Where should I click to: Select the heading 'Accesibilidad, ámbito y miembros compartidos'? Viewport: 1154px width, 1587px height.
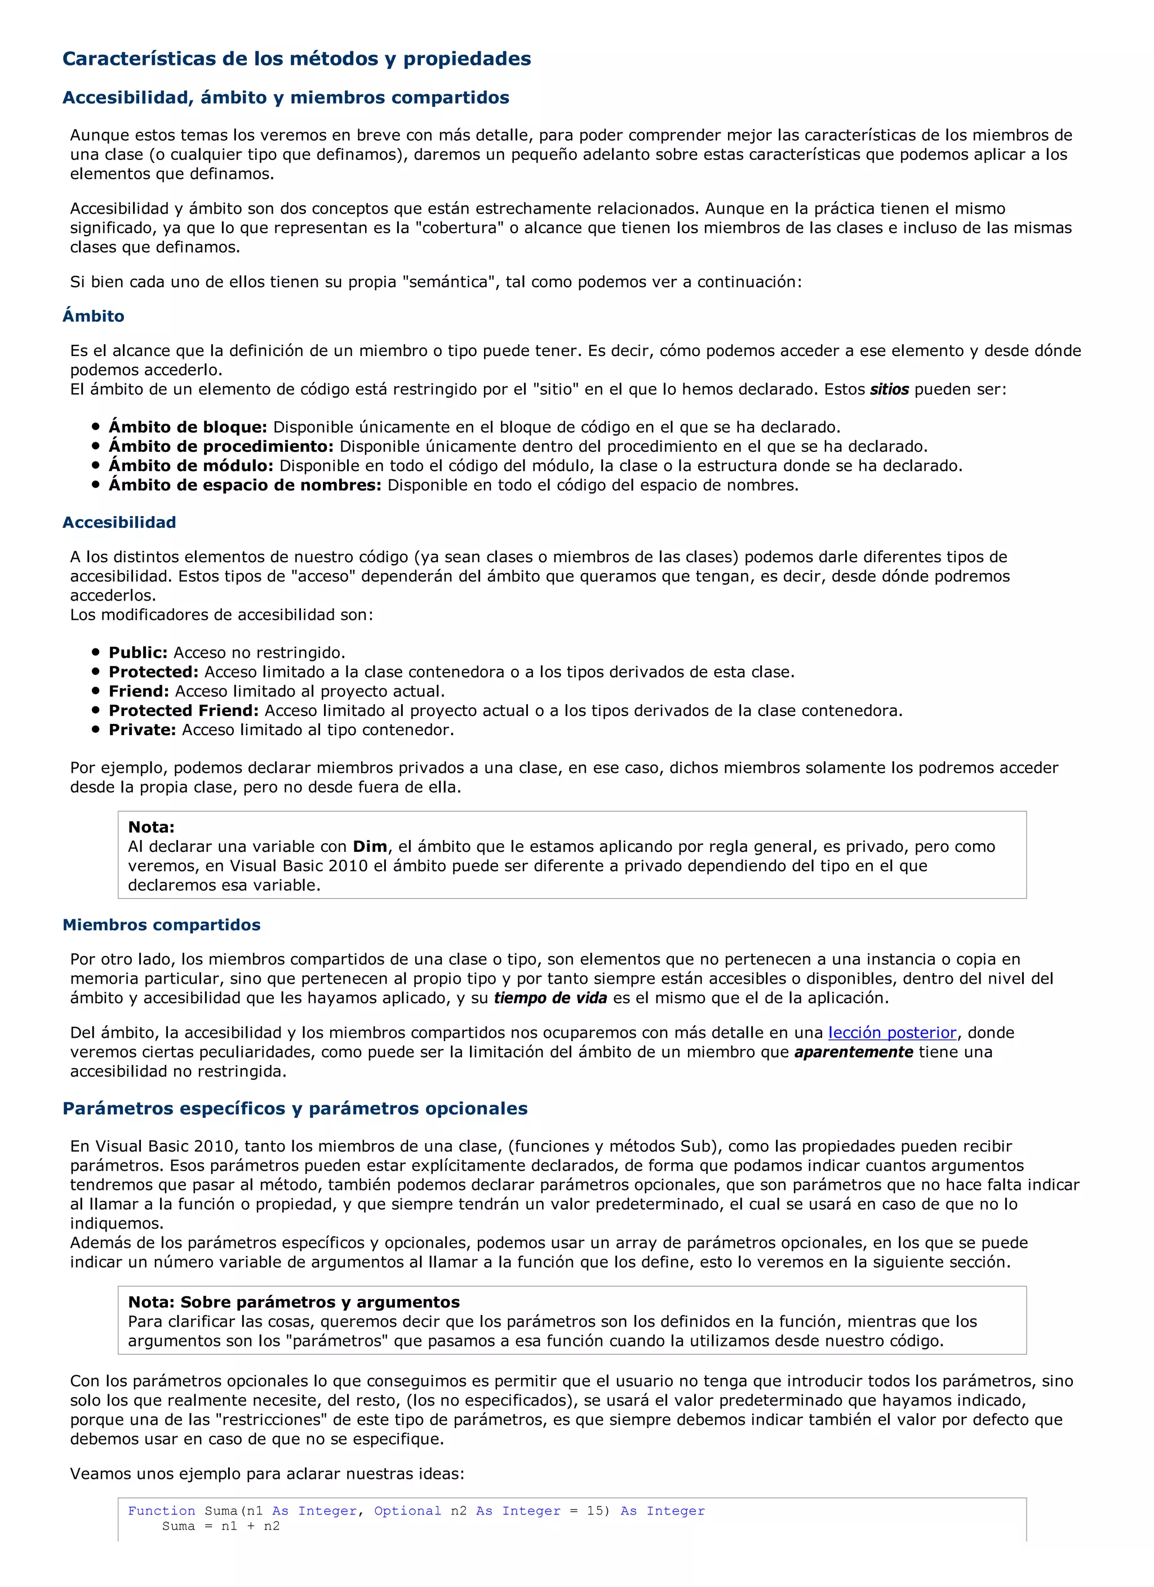click(x=286, y=98)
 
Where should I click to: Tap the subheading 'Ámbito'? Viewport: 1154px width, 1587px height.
click(x=93, y=316)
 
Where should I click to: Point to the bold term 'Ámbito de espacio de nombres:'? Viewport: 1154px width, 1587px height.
click(x=244, y=485)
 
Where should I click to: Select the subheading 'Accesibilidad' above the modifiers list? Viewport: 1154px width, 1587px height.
click(x=119, y=523)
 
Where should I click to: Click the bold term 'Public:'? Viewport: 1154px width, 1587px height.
click(x=137, y=653)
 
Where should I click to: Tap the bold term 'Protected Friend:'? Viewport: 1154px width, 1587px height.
click(x=183, y=711)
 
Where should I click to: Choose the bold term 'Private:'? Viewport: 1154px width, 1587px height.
click(x=141, y=730)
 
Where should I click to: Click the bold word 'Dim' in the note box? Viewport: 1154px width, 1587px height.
click(x=370, y=847)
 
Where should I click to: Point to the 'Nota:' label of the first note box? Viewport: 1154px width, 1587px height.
click(x=150, y=827)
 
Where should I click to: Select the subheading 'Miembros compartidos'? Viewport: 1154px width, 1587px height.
click(x=161, y=925)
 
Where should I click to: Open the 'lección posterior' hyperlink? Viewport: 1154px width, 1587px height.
click(x=891, y=1033)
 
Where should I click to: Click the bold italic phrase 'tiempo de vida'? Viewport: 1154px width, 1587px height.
click(x=550, y=998)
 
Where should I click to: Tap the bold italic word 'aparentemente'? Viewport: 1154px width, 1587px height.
click(x=853, y=1052)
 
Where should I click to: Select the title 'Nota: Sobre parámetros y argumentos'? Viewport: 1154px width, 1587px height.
click(x=293, y=1302)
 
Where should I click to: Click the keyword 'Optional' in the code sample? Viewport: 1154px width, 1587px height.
click(x=407, y=1511)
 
